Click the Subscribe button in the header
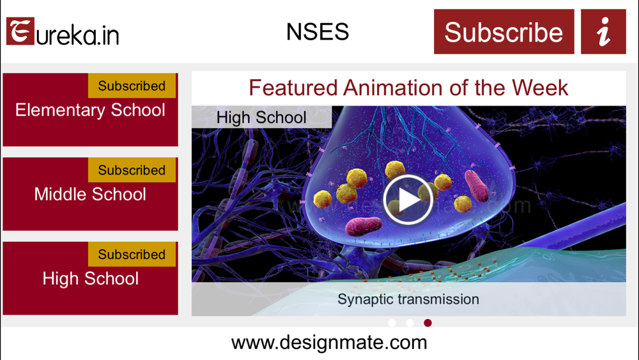(x=504, y=32)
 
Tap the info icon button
(x=603, y=32)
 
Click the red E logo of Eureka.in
(x=20, y=31)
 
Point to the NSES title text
(x=318, y=31)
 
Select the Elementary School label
(x=90, y=110)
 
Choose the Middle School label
(x=90, y=194)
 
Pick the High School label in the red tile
(x=91, y=278)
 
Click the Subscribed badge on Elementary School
(x=132, y=86)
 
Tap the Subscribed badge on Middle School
(x=132, y=170)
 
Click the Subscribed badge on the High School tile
(x=132, y=254)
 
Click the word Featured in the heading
(x=293, y=88)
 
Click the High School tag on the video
(x=261, y=118)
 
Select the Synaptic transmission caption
(x=408, y=299)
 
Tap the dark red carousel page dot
(x=427, y=323)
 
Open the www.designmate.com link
(x=329, y=343)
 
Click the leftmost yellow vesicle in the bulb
(x=322, y=200)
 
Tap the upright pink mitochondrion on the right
(x=477, y=186)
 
